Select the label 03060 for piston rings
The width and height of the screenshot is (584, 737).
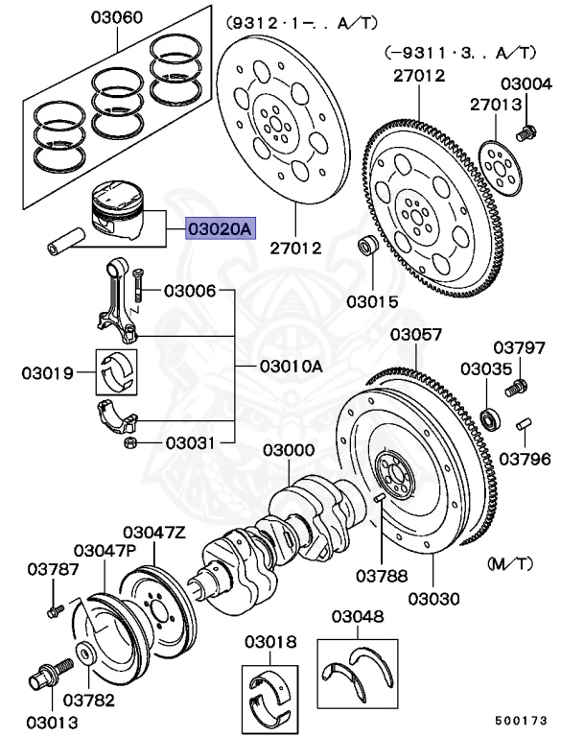point(117,17)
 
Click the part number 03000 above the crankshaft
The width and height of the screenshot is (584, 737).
point(289,450)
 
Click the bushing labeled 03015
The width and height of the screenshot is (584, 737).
point(367,247)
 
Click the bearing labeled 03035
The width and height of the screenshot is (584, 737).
point(491,417)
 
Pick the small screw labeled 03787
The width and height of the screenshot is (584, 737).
point(54,608)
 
